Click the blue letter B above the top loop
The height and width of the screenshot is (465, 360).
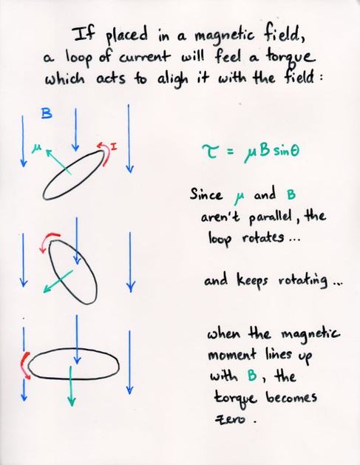pos(47,114)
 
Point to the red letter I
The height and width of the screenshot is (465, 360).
pos(114,146)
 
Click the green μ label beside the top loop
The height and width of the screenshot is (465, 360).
pos(36,149)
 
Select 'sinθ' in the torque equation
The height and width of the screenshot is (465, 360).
pos(286,151)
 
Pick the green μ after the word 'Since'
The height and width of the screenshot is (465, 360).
pos(239,197)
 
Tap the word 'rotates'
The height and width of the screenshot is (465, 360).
pos(262,238)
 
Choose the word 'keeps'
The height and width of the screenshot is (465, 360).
pos(252,280)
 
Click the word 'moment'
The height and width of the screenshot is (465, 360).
pos(232,355)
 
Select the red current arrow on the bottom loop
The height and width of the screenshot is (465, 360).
pos(24,364)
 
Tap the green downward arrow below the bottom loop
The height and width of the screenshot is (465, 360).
pos(71,386)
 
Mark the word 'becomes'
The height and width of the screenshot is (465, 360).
pos(291,397)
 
